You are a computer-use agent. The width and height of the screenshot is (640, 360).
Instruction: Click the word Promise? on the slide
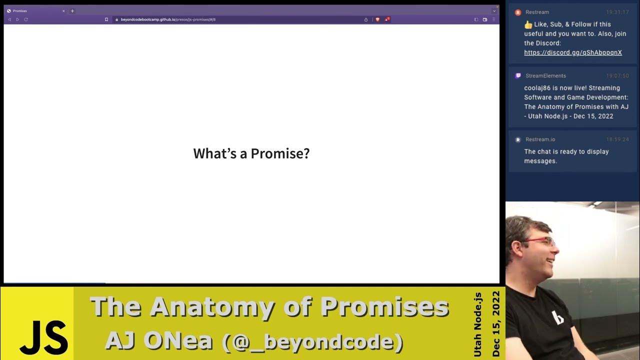[x=280, y=153]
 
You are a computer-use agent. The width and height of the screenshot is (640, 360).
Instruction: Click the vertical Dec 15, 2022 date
[x=495, y=323]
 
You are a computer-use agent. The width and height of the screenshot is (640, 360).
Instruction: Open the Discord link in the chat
[x=573, y=52]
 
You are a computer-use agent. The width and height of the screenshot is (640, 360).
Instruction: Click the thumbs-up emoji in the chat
[x=528, y=24]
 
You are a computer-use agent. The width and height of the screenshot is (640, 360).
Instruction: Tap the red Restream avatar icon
[x=518, y=12]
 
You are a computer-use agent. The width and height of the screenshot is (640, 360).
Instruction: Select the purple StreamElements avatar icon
[x=518, y=76]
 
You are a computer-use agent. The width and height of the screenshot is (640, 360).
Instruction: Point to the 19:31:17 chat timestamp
[x=617, y=12]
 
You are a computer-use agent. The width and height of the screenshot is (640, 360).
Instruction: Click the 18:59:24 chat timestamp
[x=617, y=139]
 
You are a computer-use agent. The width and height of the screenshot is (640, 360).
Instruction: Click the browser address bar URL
[x=168, y=19]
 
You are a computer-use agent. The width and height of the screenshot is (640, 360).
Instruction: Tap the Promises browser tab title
[x=20, y=11]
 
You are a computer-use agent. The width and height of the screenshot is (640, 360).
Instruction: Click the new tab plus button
[x=72, y=11]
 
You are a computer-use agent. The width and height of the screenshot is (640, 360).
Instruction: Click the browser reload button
[x=26, y=19]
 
